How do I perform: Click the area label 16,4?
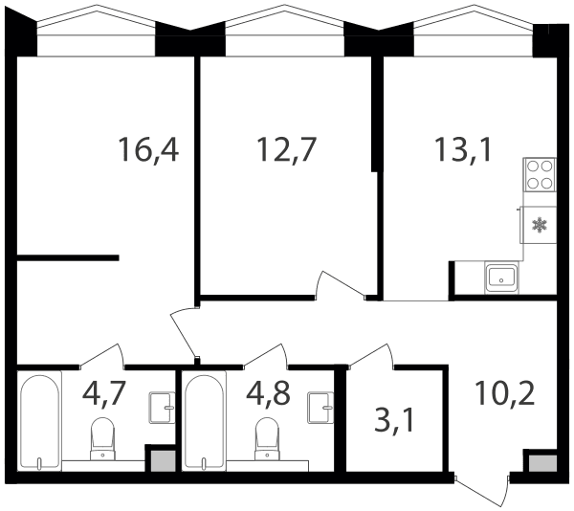click(x=148, y=149)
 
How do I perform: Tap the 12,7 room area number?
click(x=287, y=149)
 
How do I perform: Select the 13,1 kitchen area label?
click(x=463, y=149)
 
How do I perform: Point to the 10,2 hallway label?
click(x=505, y=393)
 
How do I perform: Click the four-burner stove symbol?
click(x=540, y=174)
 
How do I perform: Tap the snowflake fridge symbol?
click(x=540, y=225)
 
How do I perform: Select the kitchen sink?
click(x=501, y=278)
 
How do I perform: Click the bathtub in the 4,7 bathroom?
click(x=39, y=421)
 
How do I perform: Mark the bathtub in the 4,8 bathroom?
click(x=204, y=421)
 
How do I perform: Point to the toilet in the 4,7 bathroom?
click(x=102, y=439)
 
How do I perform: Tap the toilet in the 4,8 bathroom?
click(x=267, y=439)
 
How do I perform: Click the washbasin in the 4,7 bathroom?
click(x=162, y=408)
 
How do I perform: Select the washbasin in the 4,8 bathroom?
click(x=320, y=408)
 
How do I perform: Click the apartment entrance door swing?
click(x=482, y=492)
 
